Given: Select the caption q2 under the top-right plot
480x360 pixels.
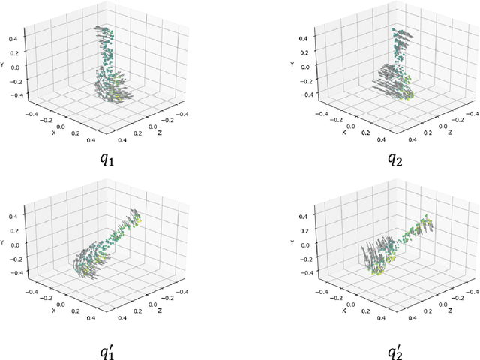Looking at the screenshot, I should coord(395,158).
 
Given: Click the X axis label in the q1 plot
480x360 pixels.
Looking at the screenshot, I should coord(54,132).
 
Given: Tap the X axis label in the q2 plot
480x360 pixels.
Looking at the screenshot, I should coord(343,132).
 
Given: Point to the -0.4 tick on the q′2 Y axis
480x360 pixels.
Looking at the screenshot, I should coord(304,273).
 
